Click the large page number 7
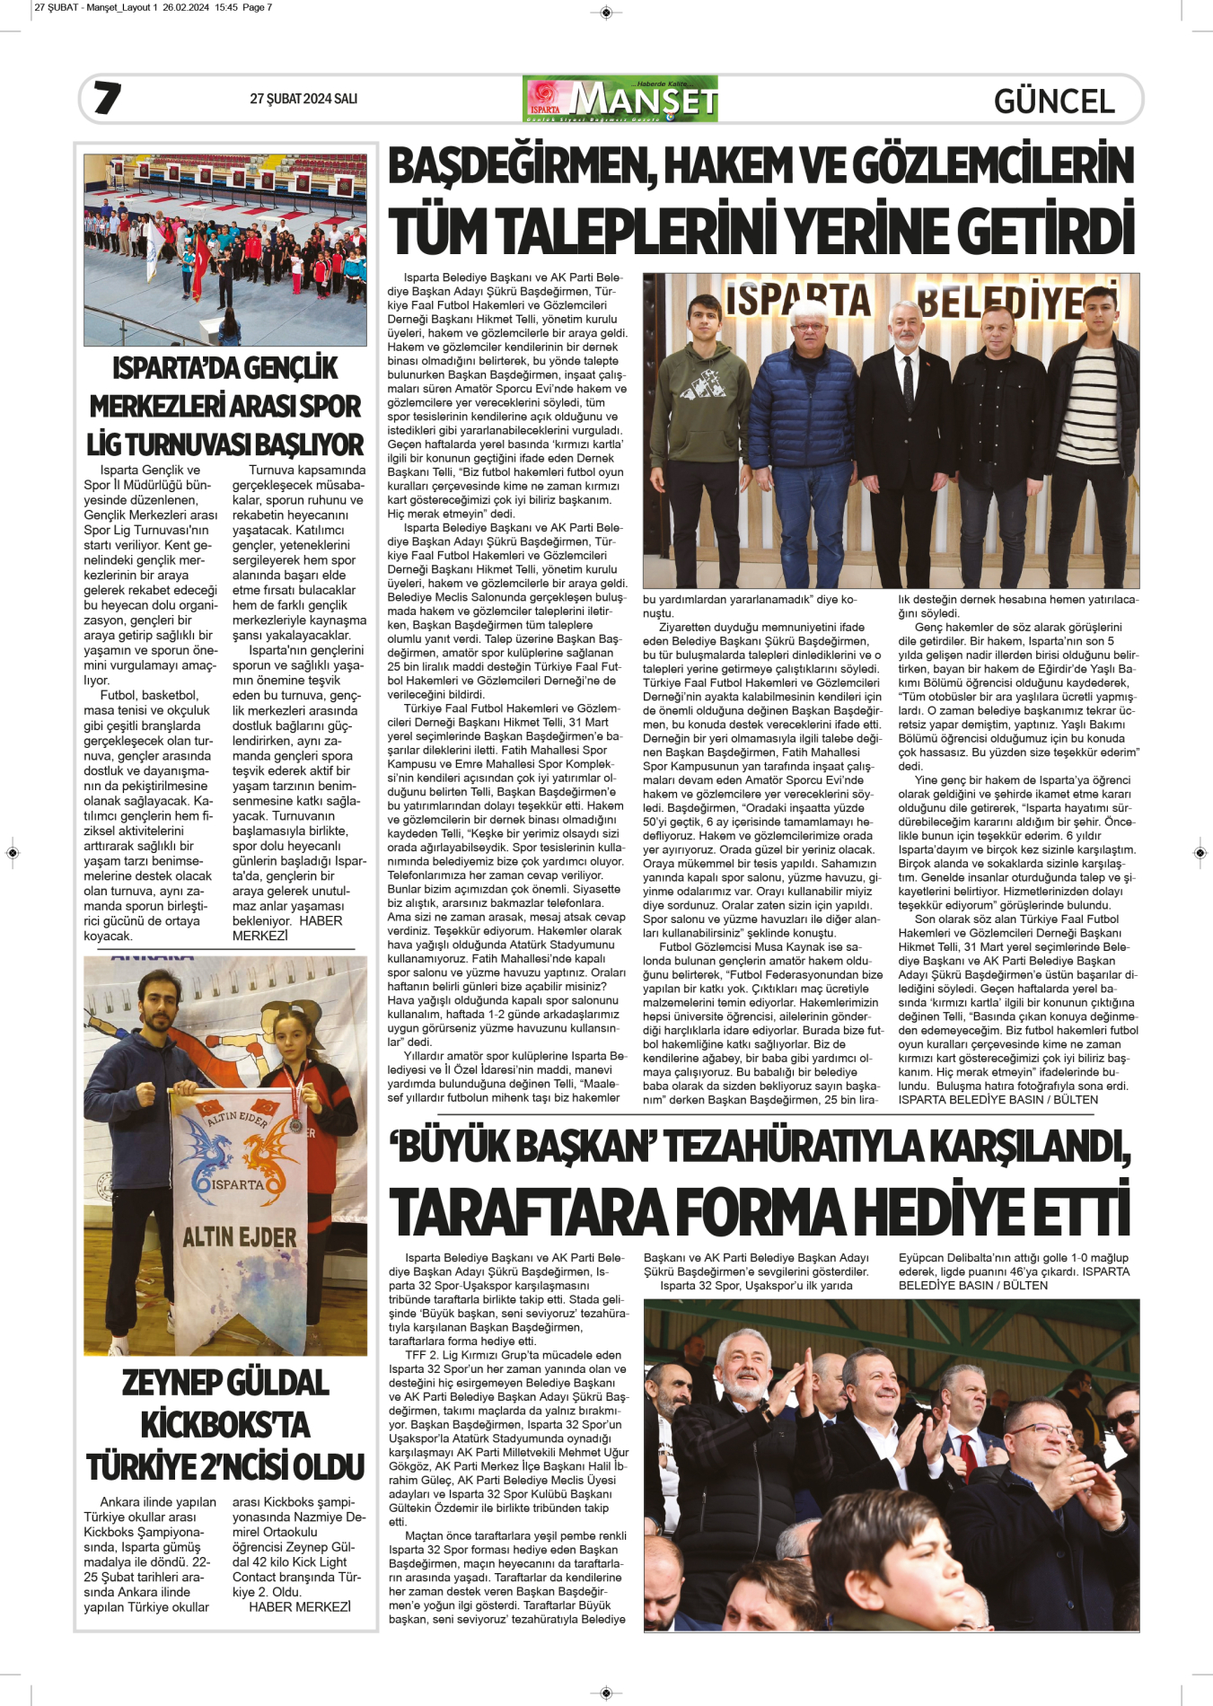pos(107,98)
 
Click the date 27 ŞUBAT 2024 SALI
pos(303,99)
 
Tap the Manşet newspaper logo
pos(620,99)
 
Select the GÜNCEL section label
pos(1054,101)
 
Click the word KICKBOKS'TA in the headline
pos(225,1425)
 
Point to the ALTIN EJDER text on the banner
pos(240,1237)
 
